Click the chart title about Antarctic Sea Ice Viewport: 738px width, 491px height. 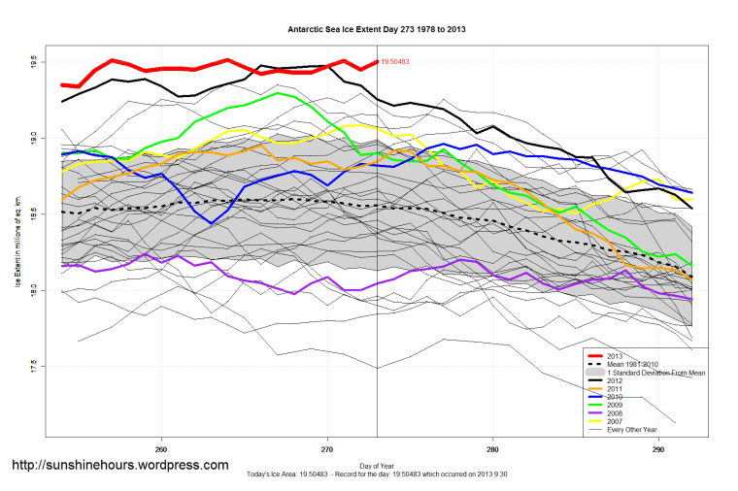[x=377, y=30]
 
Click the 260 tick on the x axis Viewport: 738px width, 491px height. [x=161, y=448]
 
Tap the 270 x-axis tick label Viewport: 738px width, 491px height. [x=327, y=448]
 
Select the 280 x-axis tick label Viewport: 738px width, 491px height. [x=493, y=448]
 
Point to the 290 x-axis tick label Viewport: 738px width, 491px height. [x=658, y=448]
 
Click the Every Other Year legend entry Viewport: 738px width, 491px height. [x=631, y=430]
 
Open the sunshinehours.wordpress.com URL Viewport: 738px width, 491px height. [x=119, y=465]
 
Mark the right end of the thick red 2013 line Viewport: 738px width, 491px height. [x=376, y=62]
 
